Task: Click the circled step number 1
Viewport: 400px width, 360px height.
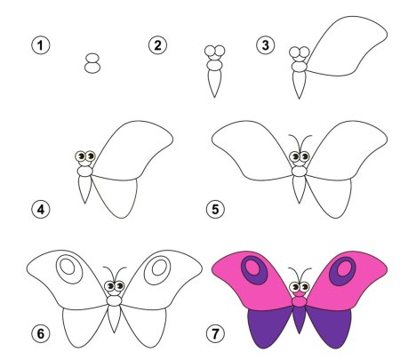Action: (41, 45)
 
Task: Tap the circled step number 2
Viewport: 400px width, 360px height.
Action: (157, 45)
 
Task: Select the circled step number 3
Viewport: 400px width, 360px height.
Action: (266, 45)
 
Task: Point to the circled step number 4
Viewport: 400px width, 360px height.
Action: (41, 209)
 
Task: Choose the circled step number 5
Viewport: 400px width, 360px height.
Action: (215, 209)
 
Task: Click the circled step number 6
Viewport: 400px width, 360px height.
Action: (41, 334)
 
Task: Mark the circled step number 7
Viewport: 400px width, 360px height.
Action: (215, 334)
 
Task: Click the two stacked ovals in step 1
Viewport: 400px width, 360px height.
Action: (92, 63)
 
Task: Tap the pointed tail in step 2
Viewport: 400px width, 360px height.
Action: (214, 83)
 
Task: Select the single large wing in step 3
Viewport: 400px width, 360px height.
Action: (347, 47)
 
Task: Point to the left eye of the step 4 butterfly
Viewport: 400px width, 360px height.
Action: (80, 156)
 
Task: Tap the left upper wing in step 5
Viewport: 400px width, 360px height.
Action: (252, 151)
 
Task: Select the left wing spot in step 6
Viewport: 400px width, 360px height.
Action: (69, 268)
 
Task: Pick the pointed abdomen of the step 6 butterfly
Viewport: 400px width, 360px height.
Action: (114, 318)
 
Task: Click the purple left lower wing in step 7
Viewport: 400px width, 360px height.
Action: (269, 327)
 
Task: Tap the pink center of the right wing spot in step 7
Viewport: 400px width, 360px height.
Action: (344, 268)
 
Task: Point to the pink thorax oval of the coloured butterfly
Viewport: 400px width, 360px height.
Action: (300, 302)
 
